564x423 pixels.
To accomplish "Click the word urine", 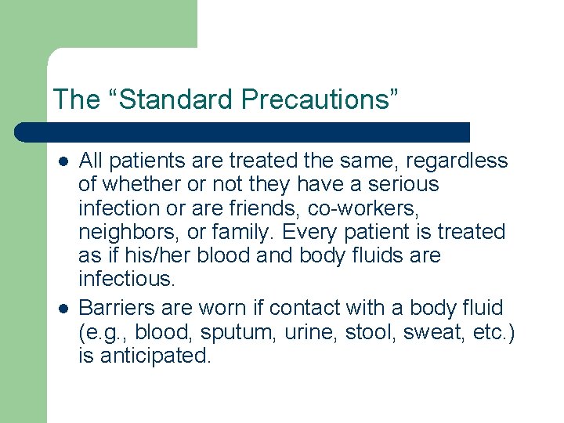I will [x=300, y=332].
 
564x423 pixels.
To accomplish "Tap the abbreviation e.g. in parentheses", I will [x=103, y=332].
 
